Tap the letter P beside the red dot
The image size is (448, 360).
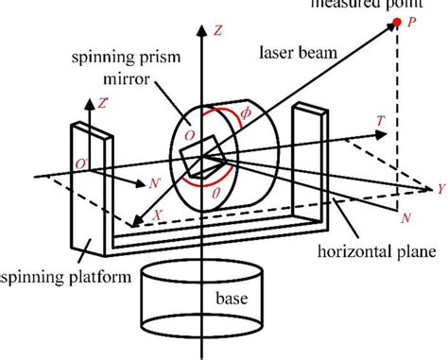(413, 22)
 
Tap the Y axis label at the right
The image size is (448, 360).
(440, 188)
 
